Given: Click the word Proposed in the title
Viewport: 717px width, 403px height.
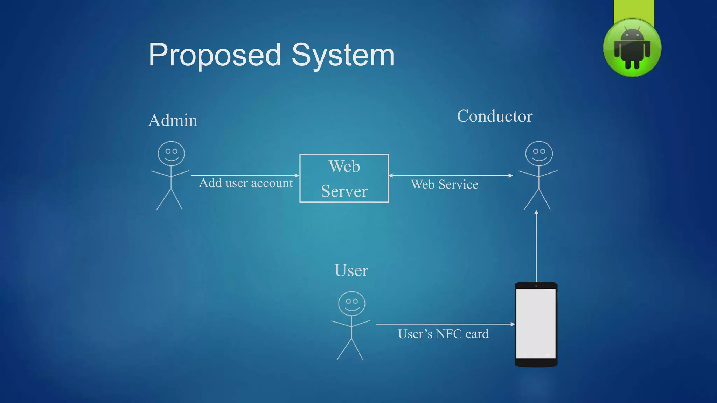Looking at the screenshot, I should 215,55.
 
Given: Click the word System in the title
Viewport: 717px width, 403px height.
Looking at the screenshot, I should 343,55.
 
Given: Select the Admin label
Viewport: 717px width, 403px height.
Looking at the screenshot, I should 173,120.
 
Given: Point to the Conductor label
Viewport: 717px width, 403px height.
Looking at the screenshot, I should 494,116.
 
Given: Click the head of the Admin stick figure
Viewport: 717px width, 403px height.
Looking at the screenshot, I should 171,154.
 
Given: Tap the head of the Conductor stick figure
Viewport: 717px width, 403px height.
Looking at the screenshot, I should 539,154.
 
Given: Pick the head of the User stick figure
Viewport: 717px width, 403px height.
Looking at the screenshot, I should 351,303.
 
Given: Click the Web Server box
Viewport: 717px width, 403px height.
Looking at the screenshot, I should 344,178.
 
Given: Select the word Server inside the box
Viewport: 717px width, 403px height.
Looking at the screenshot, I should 344,191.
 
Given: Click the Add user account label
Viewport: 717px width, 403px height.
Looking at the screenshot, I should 245,183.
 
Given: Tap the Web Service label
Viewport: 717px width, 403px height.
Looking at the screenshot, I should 445,184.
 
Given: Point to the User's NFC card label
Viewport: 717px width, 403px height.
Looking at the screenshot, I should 443,334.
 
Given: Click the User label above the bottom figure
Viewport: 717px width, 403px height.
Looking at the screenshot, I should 351,270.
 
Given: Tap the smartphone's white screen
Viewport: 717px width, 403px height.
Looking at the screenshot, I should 536,322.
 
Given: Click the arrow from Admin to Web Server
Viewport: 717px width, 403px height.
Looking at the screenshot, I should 245,175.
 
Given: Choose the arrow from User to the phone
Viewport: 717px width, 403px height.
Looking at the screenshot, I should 445,324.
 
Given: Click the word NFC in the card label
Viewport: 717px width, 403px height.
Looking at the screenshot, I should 449,334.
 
